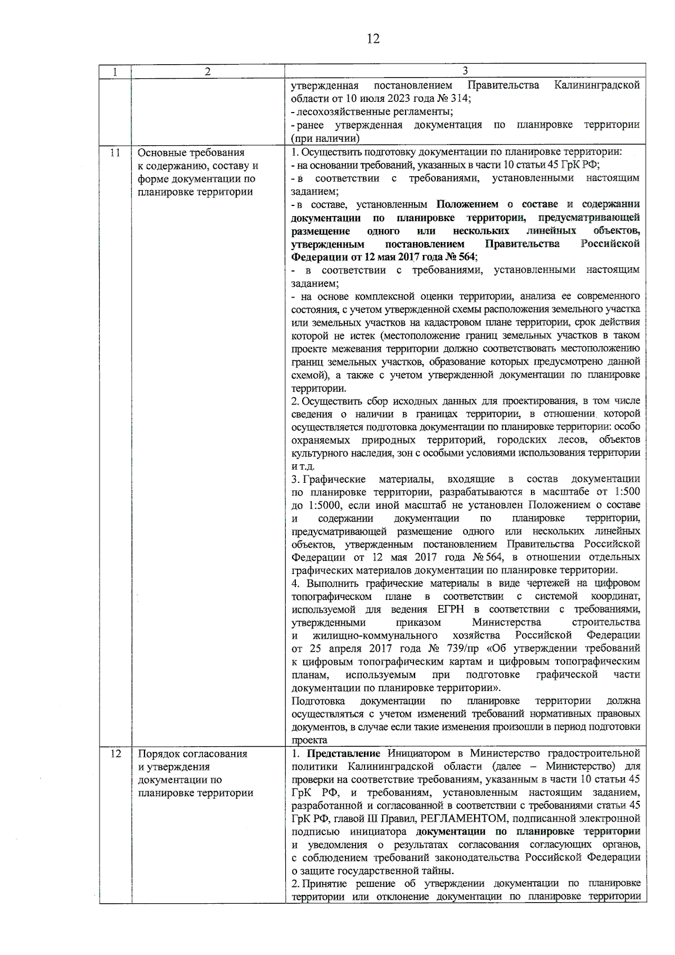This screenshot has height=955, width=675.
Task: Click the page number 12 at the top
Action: point(373,39)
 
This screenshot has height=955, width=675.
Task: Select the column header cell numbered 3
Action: point(465,71)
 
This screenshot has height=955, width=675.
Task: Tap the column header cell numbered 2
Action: point(208,71)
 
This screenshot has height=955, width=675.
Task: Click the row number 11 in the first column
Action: point(115,153)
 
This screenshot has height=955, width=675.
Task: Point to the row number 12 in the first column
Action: point(115,754)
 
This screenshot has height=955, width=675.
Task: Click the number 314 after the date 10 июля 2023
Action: point(461,98)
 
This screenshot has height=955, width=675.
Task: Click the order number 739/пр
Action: point(465,648)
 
